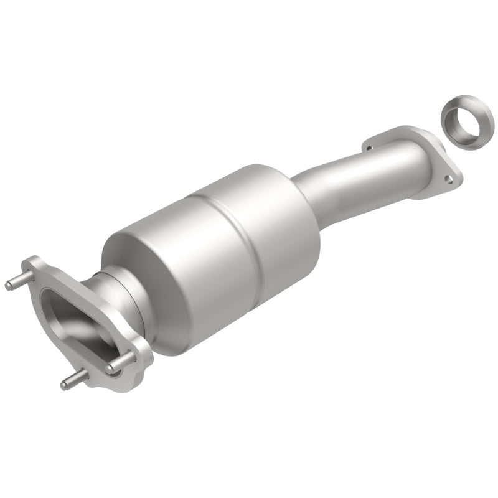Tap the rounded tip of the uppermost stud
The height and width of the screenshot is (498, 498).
coord(8,286)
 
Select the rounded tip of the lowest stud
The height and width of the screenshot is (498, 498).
coord(63,385)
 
